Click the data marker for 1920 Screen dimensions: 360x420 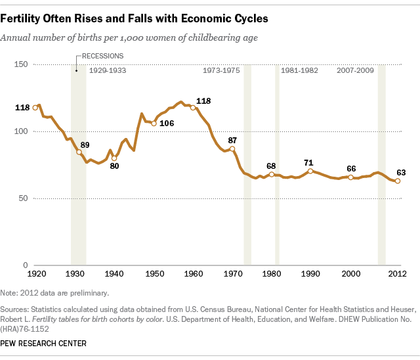[x=35, y=108]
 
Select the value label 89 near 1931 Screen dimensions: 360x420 [x=85, y=145]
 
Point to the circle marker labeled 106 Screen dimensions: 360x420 [x=154, y=124]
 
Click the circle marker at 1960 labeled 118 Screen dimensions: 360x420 [x=193, y=108]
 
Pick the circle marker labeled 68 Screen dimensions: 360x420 [x=272, y=174]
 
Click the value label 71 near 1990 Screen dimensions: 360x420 [x=308, y=162]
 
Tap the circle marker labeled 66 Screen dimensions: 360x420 [x=350, y=177]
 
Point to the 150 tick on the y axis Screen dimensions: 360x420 [x=22, y=64]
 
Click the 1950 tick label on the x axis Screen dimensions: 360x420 [x=155, y=273]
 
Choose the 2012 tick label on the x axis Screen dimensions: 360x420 [x=396, y=273]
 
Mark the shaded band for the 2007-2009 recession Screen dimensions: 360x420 [x=381, y=164]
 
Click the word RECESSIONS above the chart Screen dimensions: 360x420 [x=101, y=56]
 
